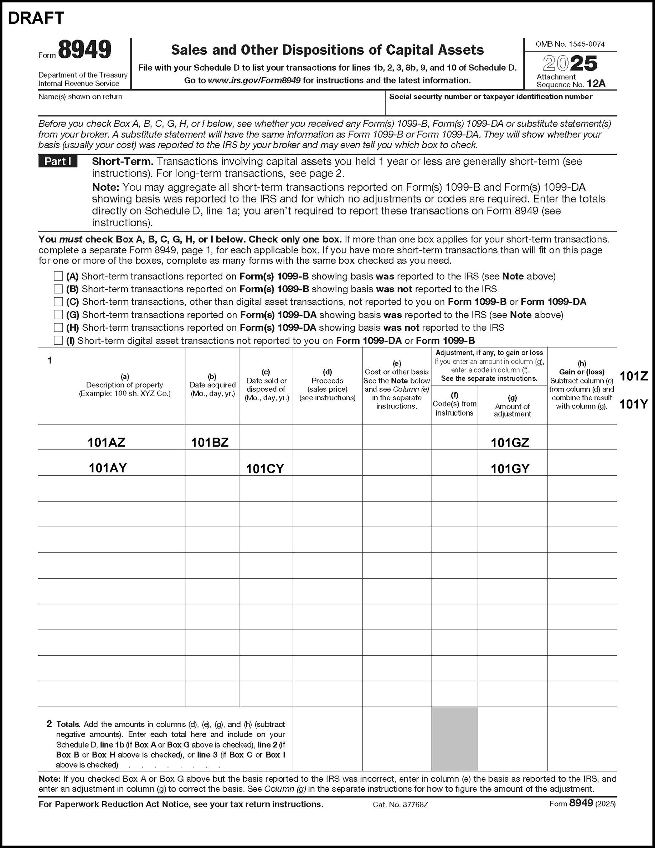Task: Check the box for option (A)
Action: tap(58, 276)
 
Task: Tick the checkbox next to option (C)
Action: tap(58, 302)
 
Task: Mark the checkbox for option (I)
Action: tap(58, 340)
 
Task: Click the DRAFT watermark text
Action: tap(36, 18)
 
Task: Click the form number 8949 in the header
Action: tap(85, 50)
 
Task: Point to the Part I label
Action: tap(58, 161)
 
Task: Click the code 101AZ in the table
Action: tap(106, 442)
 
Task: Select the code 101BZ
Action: tap(209, 442)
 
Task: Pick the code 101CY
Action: tap(265, 468)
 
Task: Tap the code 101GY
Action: tap(510, 468)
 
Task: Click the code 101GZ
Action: tap(510, 443)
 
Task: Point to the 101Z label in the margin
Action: tap(633, 376)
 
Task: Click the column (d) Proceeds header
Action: tap(328, 385)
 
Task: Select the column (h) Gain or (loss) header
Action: tap(582, 385)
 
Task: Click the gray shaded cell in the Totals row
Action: tap(454, 739)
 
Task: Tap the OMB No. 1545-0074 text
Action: tap(570, 44)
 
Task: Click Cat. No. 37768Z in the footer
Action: tap(400, 805)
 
